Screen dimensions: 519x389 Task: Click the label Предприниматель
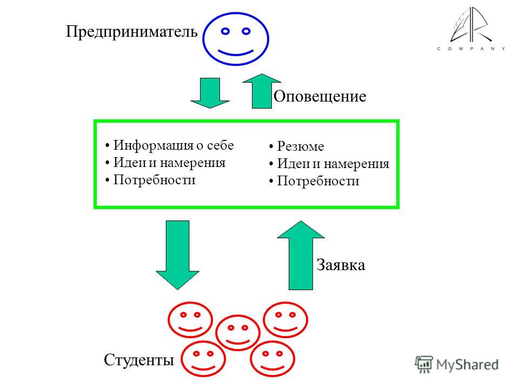pyautogui.click(x=132, y=32)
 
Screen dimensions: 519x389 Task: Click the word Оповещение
pyautogui.click(x=320, y=97)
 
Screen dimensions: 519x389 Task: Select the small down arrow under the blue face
pyautogui.click(x=210, y=93)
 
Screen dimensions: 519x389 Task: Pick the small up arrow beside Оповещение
pyautogui.click(x=262, y=91)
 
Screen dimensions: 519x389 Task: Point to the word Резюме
pyautogui.click(x=301, y=146)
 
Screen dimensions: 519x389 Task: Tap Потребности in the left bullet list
pyautogui.click(x=154, y=180)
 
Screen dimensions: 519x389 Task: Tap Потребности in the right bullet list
pyautogui.click(x=318, y=181)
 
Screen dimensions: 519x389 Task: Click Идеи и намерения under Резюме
pyautogui.click(x=333, y=164)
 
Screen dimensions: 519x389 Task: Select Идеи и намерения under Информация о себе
pyautogui.click(x=169, y=163)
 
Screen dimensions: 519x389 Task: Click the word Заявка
pyautogui.click(x=341, y=265)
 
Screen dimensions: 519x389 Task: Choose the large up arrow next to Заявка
pyautogui.click(x=301, y=256)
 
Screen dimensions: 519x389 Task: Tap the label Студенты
pyautogui.click(x=139, y=360)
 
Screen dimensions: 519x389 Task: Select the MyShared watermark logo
pyautogui.click(x=457, y=365)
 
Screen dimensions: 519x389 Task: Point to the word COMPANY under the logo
pyautogui.click(x=471, y=49)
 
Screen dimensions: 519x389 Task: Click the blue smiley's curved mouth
pyautogui.click(x=236, y=53)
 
